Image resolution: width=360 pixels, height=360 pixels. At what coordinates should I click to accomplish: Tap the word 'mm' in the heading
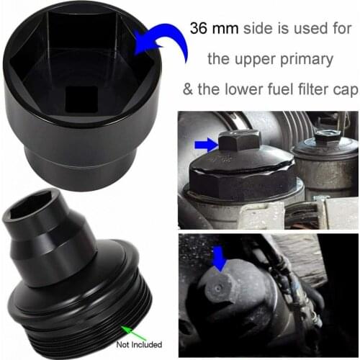[225, 28]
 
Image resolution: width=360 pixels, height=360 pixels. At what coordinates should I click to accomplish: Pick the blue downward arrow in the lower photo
[219, 258]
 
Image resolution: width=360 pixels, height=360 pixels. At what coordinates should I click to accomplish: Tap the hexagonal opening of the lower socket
[30, 210]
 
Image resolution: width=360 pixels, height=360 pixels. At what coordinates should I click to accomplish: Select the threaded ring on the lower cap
[79, 310]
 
